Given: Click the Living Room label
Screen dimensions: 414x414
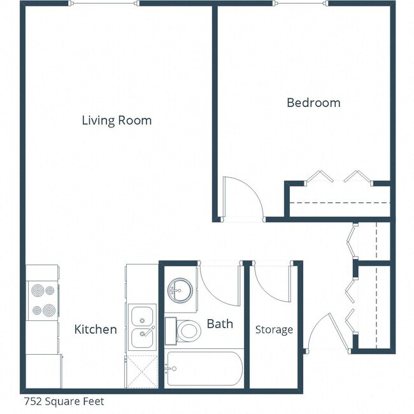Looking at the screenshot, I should tap(117, 120).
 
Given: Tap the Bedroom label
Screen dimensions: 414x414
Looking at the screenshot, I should tap(313, 103).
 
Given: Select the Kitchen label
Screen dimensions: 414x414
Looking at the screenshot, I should tap(96, 329).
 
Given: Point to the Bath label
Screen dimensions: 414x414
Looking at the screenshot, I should tap(220, 324).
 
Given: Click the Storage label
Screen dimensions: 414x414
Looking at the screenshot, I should tap(274, 329).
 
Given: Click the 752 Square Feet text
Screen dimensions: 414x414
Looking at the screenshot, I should tap(64, 401).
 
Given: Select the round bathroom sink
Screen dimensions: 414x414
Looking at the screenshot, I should tap(180, 290).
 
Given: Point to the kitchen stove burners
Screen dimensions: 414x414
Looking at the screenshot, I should tap(43, 301).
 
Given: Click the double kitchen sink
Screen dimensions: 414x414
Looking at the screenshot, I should tap(143, 327).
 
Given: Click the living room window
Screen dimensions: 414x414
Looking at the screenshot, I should tap(105, 3).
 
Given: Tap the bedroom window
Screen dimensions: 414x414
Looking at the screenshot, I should tap(301, 3).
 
